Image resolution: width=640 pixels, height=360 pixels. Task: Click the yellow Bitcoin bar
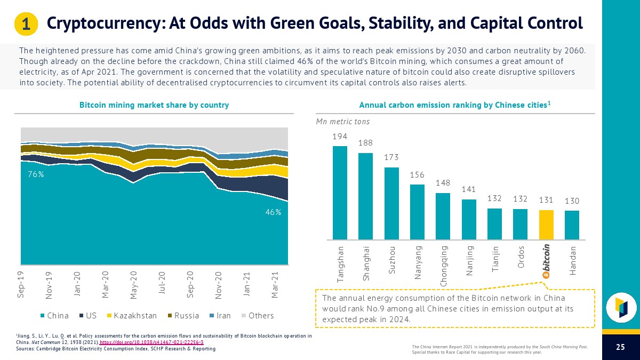[x=546, y=225]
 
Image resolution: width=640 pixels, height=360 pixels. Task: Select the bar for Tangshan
[x=340, y=193]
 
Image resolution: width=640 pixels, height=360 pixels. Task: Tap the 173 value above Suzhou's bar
[x=391, y=157]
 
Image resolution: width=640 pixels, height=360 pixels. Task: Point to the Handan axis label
[x=572, y=260]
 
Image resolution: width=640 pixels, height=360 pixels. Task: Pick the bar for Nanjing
[x=469, y=219]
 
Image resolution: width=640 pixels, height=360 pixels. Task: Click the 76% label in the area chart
[x=36, y=174]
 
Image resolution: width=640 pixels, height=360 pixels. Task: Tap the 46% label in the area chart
[x=274, y=212]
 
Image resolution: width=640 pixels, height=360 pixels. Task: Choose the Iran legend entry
[x=219, y=315]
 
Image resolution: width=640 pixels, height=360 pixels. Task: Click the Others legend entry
[x=257, y=315]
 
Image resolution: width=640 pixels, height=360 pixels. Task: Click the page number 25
[x=620, y=347]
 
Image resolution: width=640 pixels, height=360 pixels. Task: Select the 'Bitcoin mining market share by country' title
[x=154, y=105]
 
